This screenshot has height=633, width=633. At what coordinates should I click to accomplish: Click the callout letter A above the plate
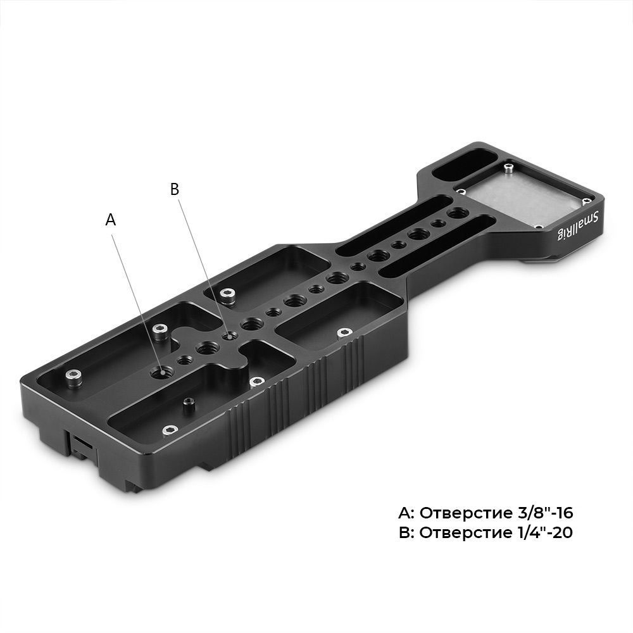tap(111, 220)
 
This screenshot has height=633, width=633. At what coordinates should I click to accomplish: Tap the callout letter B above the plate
tap(175, 189)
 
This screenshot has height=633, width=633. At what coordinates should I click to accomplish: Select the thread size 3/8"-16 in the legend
tap(544, 513)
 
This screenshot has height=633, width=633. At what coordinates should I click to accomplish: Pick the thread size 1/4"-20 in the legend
tap(544, 532)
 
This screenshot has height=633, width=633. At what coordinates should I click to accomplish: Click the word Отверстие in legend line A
tap(466, 513)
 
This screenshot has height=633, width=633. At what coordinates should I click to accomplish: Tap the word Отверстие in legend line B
tap(466, 533)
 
